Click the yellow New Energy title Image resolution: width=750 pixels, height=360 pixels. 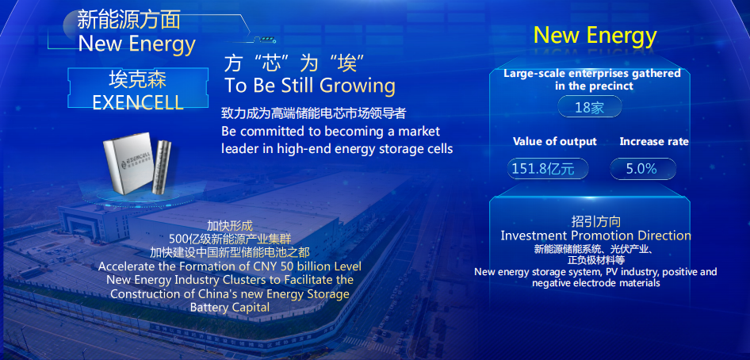click(x=595, y=35)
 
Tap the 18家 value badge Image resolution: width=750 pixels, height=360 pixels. click(x=589, y=106)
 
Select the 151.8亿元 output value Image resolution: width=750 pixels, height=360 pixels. click(x=548, y=169)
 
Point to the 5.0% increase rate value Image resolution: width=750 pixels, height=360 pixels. click(x=643, y=169)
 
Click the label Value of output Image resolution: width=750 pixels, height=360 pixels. click(x=555, y=141)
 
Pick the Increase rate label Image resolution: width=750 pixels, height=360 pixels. click(x=654, y=141)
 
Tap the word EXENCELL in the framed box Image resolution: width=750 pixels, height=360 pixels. click(x=138, y=101)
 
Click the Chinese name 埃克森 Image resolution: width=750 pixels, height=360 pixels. click(x=138, y=79)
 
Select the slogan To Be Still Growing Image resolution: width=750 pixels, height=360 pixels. click(x=310, y=86)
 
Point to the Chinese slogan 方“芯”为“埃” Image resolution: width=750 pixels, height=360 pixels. click(x=295, y=63)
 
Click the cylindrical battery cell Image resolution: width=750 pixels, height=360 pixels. click(x=163, y=167)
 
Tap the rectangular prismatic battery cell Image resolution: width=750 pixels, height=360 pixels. click(x=128, y=163)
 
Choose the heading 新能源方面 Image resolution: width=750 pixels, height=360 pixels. click(x=128, y=20)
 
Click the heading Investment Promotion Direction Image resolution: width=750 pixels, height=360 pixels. click(x=595, y=236)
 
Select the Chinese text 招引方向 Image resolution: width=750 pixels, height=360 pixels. click(x=596, y=221)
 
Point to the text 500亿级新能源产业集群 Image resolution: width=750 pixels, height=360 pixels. click(x=230, y=238)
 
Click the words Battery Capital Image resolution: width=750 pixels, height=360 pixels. click(x=230, y=307)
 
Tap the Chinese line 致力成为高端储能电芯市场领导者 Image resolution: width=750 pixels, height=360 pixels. click(x=314, y=113)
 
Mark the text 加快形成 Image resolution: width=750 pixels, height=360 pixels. click(x=230, y=226)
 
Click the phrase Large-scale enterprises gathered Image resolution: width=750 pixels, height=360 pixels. click(x=592, y=74)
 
